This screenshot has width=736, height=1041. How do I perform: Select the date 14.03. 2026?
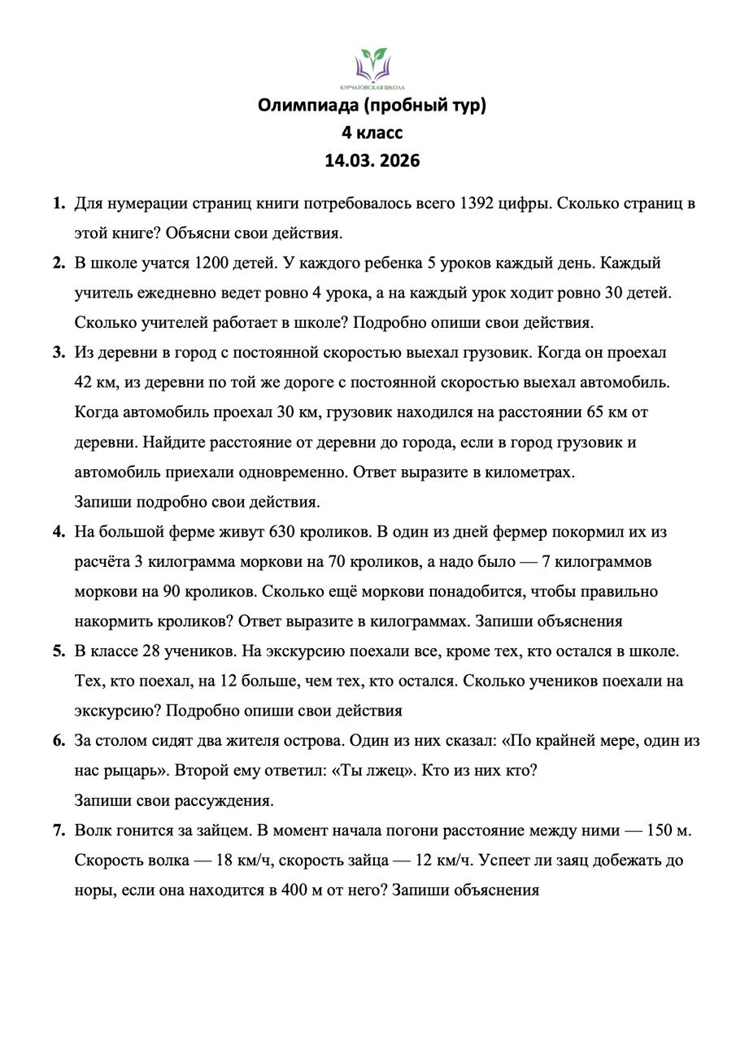click(x=372, y=160)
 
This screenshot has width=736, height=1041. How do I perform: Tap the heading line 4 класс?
click(x=372, y=133)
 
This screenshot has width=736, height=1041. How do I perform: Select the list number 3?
click(x=59, y=352)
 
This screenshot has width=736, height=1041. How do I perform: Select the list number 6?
click(x=59, y=740)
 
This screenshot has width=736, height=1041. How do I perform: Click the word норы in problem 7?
click(x=94, y=890)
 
